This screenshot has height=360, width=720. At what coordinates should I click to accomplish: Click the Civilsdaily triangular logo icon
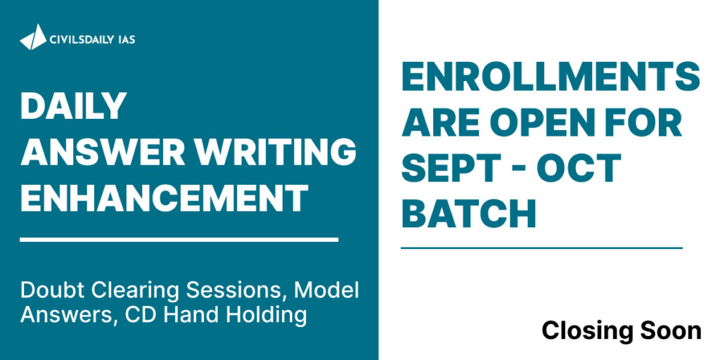[33, 37]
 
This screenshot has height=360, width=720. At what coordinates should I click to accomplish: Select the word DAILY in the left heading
[73, 105]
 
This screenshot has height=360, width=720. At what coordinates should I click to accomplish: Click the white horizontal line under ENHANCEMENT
[179, 239]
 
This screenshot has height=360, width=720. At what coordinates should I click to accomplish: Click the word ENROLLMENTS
[551, 77]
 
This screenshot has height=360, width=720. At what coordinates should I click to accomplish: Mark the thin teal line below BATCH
[542, 248]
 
